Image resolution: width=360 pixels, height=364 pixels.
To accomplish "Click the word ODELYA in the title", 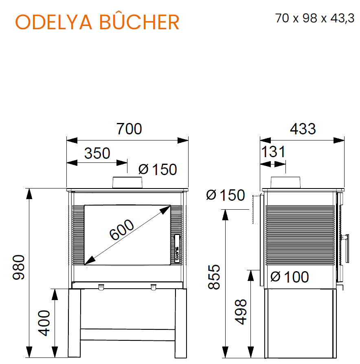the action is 53,22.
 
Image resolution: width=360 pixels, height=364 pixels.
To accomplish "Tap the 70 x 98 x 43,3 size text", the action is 315,18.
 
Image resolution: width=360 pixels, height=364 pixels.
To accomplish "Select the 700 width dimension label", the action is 129,129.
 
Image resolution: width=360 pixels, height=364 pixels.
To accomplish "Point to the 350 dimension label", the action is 97,153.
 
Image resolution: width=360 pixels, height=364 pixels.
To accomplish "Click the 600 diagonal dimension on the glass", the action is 121,229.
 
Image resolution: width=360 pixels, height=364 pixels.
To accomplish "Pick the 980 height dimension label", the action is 19,267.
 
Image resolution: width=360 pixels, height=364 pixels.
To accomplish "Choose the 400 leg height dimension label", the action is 44,323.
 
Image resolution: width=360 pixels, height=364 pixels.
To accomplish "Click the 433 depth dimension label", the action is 303,129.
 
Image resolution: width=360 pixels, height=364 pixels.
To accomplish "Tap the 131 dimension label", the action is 273,152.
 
